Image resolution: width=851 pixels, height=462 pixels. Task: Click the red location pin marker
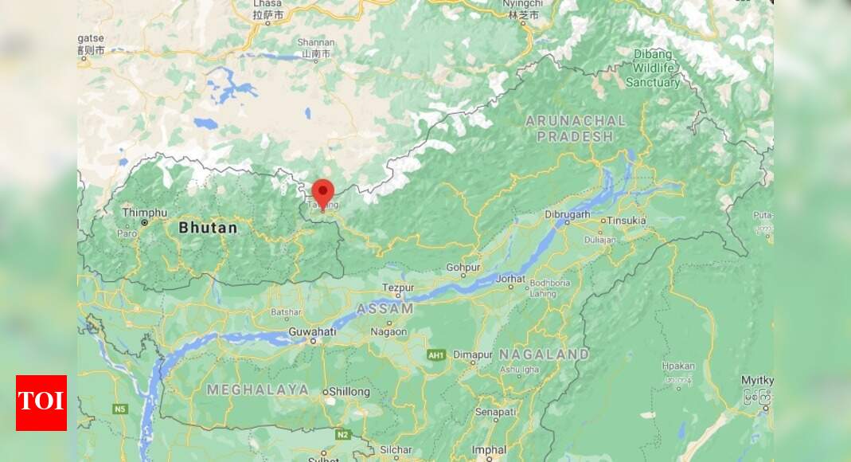[322, 192]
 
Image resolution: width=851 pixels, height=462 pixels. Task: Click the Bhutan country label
[208, 228]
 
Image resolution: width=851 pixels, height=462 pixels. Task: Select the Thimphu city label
[145, 213]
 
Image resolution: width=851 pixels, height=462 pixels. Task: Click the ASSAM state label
[385, 308]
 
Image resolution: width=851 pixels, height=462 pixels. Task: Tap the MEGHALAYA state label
[258, 390]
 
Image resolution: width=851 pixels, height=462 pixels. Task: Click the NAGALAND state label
[544, 354]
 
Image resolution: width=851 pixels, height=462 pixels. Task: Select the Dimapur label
[474, 354]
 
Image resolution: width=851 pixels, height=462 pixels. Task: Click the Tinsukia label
[627, 221]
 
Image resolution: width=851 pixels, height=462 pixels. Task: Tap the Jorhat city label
[510, 279]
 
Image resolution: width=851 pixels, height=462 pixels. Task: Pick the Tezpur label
[398, 287]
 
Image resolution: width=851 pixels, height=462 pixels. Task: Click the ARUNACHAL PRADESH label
[576, 128]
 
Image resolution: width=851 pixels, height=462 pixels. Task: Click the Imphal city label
[489, 450]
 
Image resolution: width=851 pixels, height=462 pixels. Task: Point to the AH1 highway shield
[435, 354]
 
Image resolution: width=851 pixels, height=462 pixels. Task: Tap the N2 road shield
[343, 435]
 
